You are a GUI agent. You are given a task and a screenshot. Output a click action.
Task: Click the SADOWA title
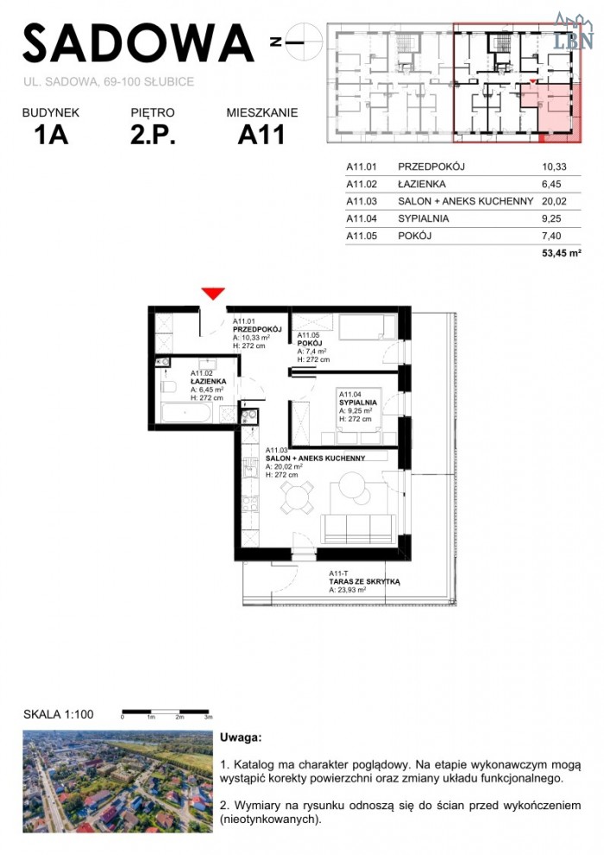click(138, 43)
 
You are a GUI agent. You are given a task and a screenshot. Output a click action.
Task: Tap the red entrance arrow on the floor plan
click(213, 294)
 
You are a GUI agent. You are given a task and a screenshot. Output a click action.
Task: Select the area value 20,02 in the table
click(554, 201)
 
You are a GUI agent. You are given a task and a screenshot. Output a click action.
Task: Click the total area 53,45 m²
click(561, 253)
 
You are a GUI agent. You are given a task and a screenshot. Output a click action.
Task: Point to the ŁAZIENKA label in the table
click(422, 184)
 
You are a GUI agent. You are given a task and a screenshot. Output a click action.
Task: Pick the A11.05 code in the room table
click(361, 236)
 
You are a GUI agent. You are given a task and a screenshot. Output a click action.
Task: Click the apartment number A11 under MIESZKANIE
click(261, 135)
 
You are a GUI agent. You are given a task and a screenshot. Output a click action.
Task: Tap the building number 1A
click(51, 135)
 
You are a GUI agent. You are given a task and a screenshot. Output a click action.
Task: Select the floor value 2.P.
click(153, 135)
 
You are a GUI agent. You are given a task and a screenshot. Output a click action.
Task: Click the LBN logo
click(573, 32)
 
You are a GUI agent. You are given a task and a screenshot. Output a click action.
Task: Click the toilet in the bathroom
click(169, 387)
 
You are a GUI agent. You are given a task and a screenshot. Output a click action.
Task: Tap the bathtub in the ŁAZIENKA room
click(186, 413)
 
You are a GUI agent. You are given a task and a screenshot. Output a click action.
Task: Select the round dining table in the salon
click(298, 497)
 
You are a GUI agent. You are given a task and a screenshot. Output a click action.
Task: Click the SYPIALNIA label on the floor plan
click(358, 402)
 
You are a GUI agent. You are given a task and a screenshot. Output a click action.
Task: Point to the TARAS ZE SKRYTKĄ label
click(364, 582)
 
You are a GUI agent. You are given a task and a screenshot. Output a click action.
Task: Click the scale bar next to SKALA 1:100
click(167, 712)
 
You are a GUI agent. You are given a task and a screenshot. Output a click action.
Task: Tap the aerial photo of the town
click(117, 782)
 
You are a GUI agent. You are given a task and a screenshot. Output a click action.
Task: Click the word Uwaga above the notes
click(240, 738)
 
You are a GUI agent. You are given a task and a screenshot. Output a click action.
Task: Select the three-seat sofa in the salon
click(358, 529)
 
